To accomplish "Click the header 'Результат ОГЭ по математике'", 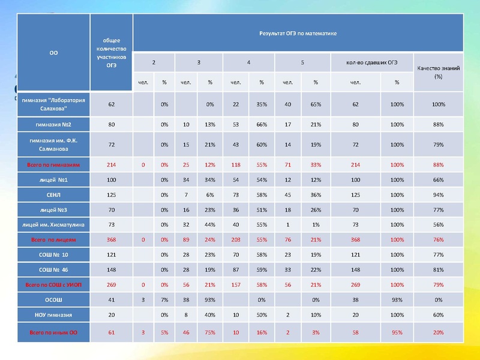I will click(298, 33).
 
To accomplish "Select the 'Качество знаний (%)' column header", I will click(438, 73).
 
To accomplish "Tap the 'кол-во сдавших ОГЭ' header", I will click(371, 62).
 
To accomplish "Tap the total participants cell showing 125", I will click(112, 195).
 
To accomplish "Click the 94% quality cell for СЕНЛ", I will click(438, 195).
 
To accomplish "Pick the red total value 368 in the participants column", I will click(112, 239).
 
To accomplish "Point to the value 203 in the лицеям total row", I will click(235, 239).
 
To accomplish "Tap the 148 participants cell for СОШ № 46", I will click(112, 269).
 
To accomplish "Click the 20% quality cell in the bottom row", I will click(438, 332).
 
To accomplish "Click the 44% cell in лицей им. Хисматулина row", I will click(210, 224).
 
